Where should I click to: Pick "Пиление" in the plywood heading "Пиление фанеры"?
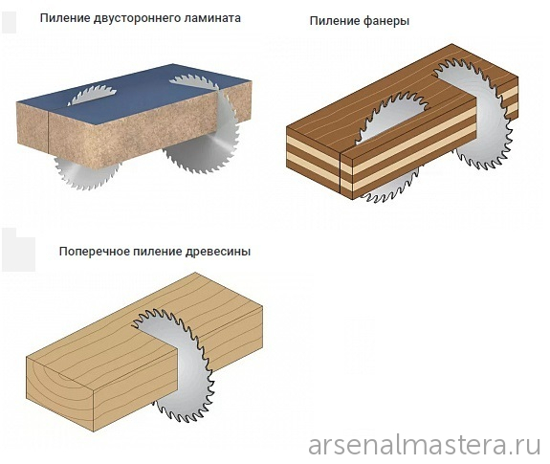tap(335, 21)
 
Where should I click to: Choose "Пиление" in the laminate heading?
tap(65, 18)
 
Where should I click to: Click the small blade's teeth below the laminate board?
tap(86, 173)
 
